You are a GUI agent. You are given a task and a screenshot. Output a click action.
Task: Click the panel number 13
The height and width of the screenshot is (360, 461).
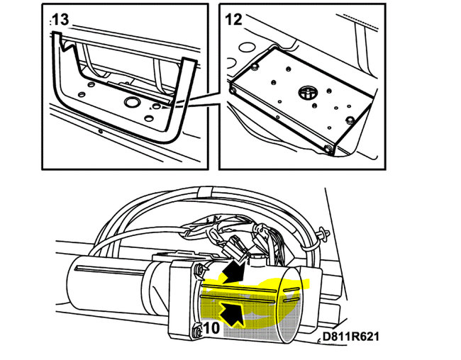click(60, 20)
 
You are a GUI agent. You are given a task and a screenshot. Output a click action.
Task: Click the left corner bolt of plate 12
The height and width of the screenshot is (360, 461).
click(233, 90)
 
